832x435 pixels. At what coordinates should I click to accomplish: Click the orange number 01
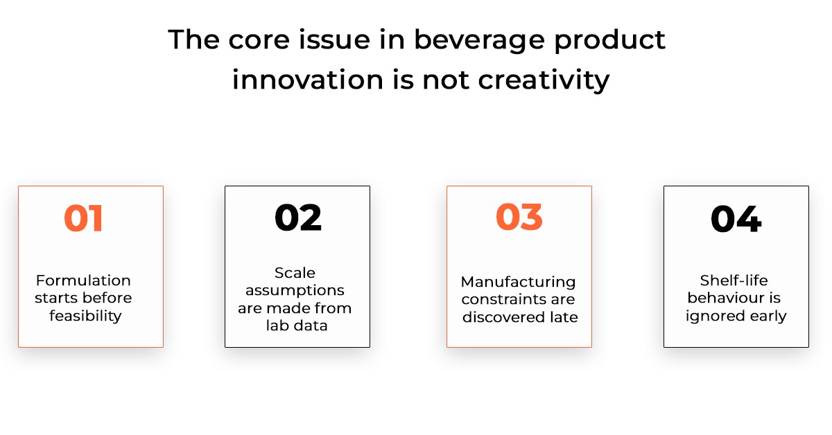pyautogui.click(x=83, y=218)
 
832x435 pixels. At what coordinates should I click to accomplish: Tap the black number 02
pyautogui.click(x=298, y=217)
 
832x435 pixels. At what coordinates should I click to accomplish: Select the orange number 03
pyautogui.click(x=519, y=217)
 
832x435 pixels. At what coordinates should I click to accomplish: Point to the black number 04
pyautogui.click(x=736, y=219)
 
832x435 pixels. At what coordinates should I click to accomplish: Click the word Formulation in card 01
pyautogui.click(x=83, y=281)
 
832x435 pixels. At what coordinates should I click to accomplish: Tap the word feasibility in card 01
pyautogui.click(x=85, y=317)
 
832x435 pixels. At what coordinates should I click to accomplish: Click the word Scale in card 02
pyautogui.click(x=295, y=273)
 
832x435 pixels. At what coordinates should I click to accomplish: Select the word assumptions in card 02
pyautogui.click(x=295, y=291)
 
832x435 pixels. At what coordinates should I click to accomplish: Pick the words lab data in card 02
pyautogui.click(x=297, y=326)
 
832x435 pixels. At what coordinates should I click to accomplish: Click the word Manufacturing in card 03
pyautogui.click(x=518, y=282)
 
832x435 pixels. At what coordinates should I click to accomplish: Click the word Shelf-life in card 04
pyautogui.click(x=734, y=281)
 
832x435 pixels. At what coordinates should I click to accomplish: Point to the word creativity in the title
pyautogui.click(x=544, y=80)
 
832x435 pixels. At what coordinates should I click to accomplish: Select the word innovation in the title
pyautogui.click(x=308, y=80)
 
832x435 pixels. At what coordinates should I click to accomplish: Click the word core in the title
pyautogui.click(x=259, y=41)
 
